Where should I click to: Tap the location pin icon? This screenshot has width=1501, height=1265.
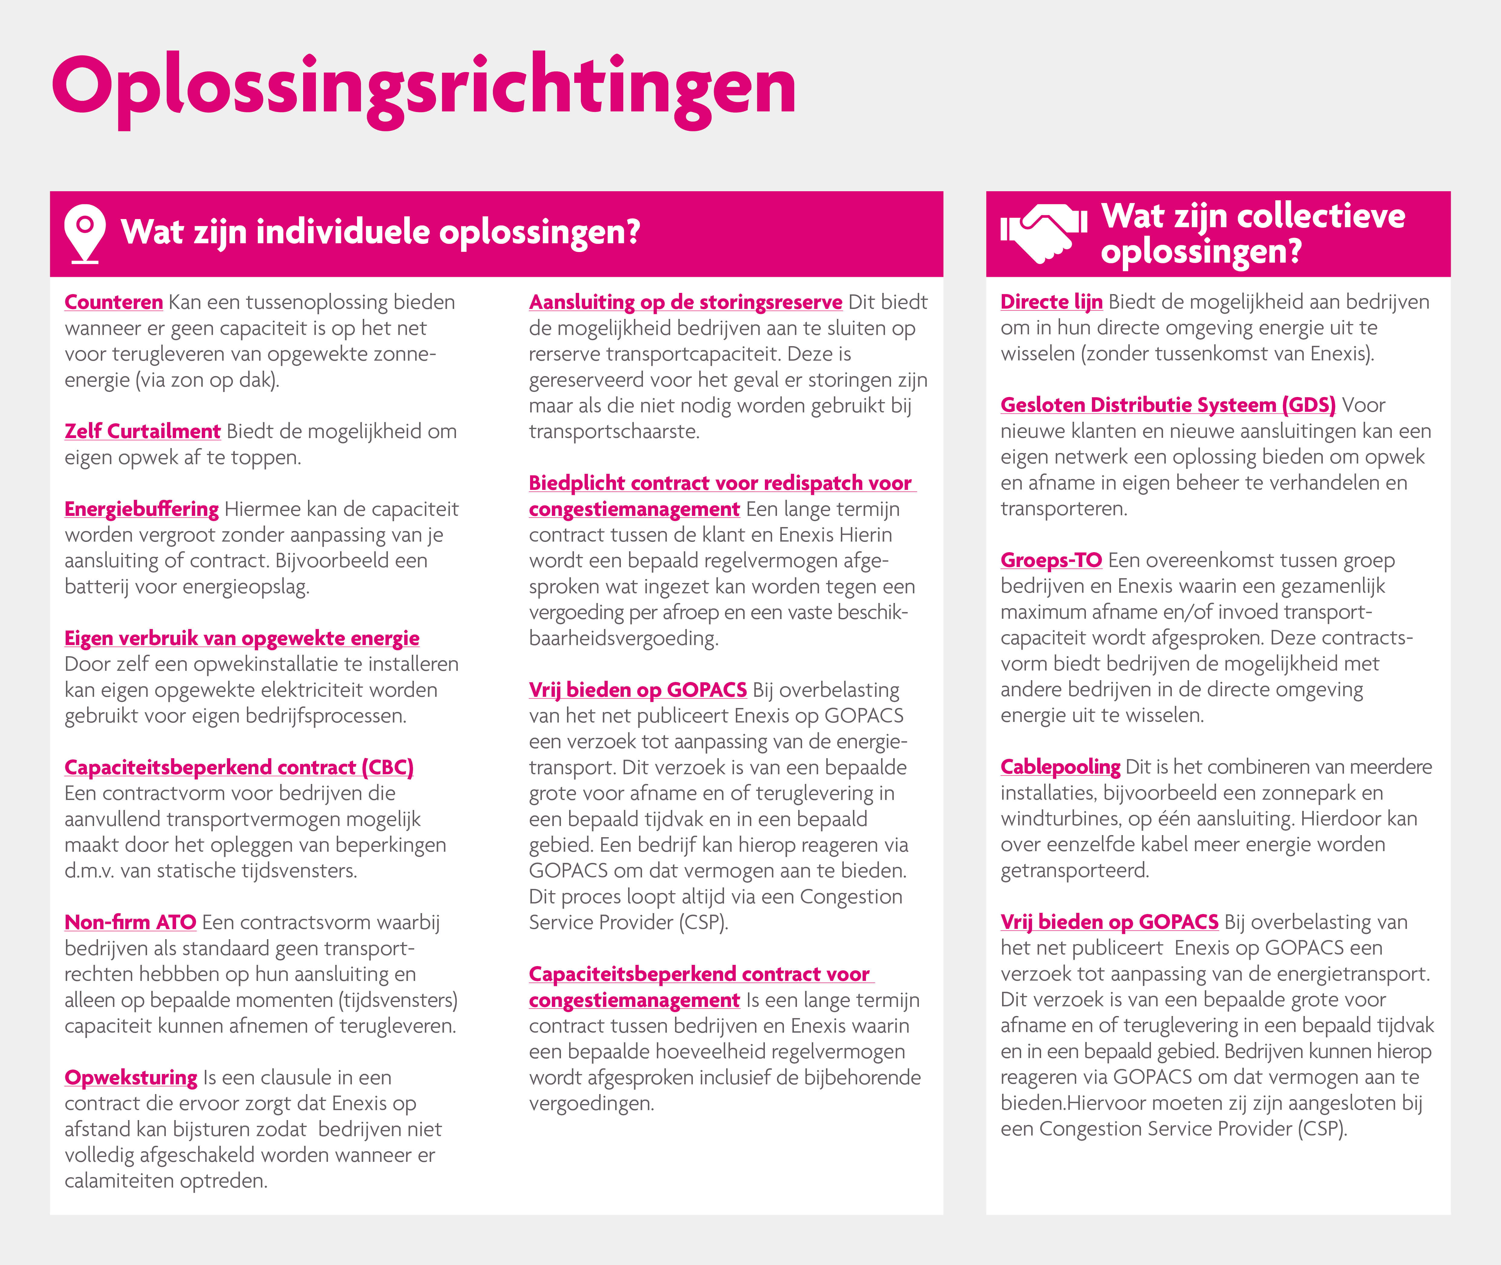click(x=85, y=233)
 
